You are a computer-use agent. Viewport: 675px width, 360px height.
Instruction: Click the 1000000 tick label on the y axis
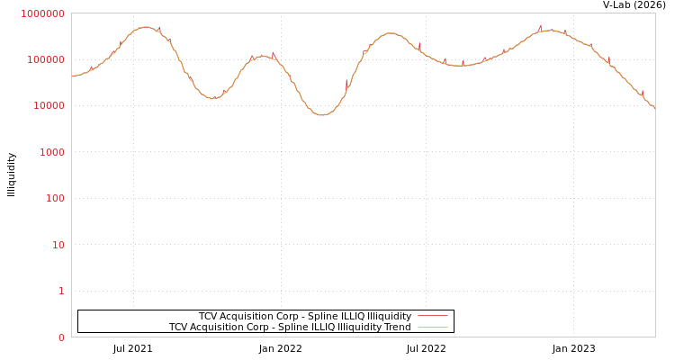pos(42,13)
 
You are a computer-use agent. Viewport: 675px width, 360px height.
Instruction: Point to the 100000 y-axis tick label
pos(45,59)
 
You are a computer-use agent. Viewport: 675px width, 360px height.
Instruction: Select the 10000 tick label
pos(48,106)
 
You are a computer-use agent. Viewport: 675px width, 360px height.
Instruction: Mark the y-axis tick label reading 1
pos(61,292)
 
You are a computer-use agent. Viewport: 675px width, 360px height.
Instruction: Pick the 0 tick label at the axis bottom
pos(61,337)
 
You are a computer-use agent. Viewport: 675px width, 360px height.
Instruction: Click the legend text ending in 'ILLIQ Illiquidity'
pos(304,316)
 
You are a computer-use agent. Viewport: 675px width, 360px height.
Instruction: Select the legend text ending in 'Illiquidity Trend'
pos(290,327)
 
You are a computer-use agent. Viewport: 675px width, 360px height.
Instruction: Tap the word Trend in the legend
pos(396,327)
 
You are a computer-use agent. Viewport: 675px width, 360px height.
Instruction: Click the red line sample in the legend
pos(433,316)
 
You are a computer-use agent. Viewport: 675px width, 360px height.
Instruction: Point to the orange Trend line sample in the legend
pos(433,327)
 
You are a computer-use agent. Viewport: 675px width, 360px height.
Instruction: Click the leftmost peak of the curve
pos(145,27)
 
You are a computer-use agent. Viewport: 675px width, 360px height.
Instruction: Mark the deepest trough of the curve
pos(323,114)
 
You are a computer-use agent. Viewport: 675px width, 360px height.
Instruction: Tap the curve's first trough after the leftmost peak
pos(213,98)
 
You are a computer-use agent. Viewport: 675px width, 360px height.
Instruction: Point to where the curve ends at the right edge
pos(654,108)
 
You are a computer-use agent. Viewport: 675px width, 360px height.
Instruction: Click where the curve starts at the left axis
pos(72,76)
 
